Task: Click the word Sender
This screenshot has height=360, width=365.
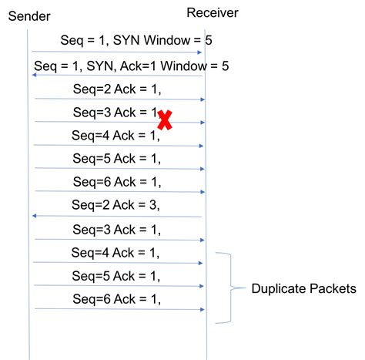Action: click(29, 16)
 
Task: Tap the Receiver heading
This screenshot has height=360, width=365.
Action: click(213, 13)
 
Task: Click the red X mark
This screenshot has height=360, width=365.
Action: click(165, 120)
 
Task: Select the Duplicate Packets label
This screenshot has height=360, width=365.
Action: click(304, 288)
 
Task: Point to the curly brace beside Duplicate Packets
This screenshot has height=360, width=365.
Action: click(231, 288)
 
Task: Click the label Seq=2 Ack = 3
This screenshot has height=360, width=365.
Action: click(116, 205)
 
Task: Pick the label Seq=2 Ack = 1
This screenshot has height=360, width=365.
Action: click(117, 89)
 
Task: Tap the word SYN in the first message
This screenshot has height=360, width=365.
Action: click(127, 40)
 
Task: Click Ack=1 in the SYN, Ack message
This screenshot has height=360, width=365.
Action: click(138, 66)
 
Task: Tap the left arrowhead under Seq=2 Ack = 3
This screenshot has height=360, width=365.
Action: click(35, 216)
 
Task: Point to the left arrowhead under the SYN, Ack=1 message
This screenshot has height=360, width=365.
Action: click(35, 75)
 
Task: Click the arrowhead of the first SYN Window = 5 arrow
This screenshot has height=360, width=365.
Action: click(199, 52)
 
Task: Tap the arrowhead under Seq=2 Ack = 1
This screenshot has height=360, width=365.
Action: click(203, 99)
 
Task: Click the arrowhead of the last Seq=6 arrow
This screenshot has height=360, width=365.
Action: click(203, 309)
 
